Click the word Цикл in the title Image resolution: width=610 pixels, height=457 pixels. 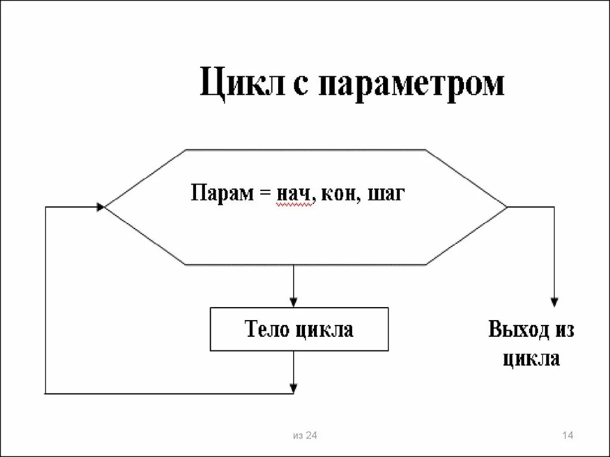click(x=236, y=84)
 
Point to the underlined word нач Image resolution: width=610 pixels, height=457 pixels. click(x=294, y=195)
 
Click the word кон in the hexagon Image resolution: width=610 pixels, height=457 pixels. click(x=340, y=195)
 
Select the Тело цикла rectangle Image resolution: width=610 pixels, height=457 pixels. click(x=299, y=329)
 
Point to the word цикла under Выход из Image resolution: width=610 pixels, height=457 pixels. click(x=531, y=359)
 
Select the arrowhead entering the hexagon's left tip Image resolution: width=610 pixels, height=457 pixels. click(x=101, y=206)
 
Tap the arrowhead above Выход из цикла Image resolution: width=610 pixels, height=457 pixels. click(x=554, y=301)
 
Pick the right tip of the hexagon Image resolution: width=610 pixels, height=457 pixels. click(x=506, y=207)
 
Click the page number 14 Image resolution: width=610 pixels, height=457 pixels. click(x=567, y=436)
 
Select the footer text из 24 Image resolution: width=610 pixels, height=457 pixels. click(x=305, y=436)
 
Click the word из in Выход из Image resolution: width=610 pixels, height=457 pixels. click(x=563, y=330)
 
